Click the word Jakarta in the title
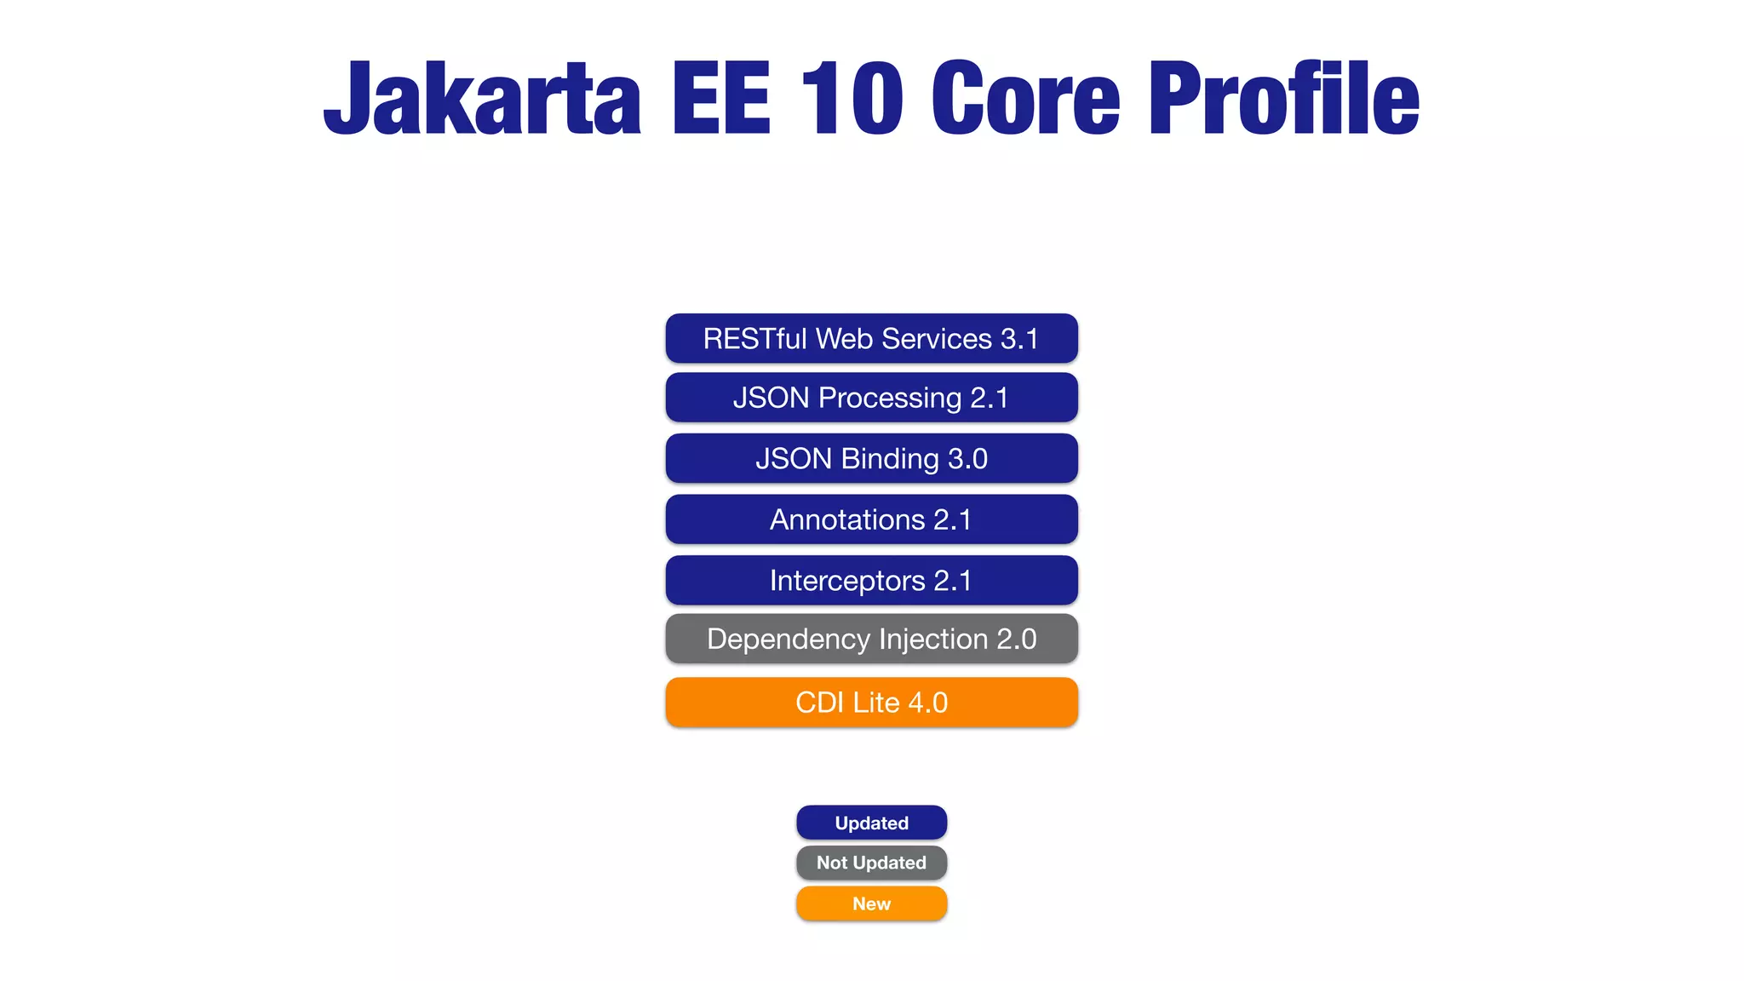point(482,99)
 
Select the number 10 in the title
point(851,99)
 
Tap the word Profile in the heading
point(1284,99)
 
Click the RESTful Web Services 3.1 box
point(871,339)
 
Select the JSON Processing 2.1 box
point(871,398)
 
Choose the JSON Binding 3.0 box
point(871,459)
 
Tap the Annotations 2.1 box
point(871,519)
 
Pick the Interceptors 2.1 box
point(871,581)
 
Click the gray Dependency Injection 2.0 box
point(871,639)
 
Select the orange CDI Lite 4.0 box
point(871,703)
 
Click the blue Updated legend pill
point(871,823)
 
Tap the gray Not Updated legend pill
point(871,863)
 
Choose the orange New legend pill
point(871,904)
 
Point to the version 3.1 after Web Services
point(1019,339)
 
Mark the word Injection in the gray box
point(932,639)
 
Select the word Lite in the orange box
point(876,703)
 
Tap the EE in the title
point(720,99)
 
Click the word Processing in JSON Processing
point(890,398)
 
